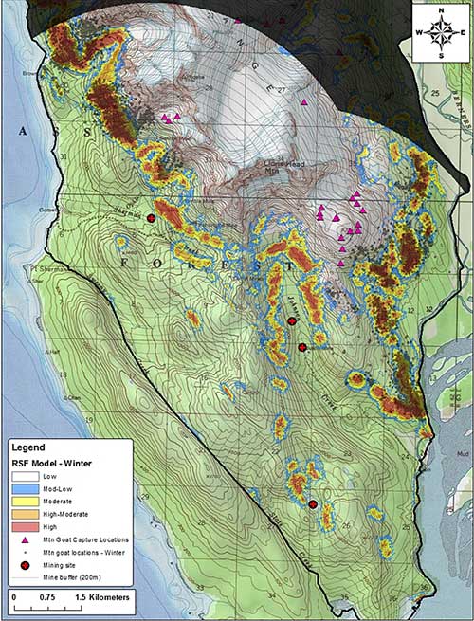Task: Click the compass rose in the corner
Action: (441, 30)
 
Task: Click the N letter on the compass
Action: (441, 9)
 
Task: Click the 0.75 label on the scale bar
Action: (56, 597)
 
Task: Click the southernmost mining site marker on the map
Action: (313, 503)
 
